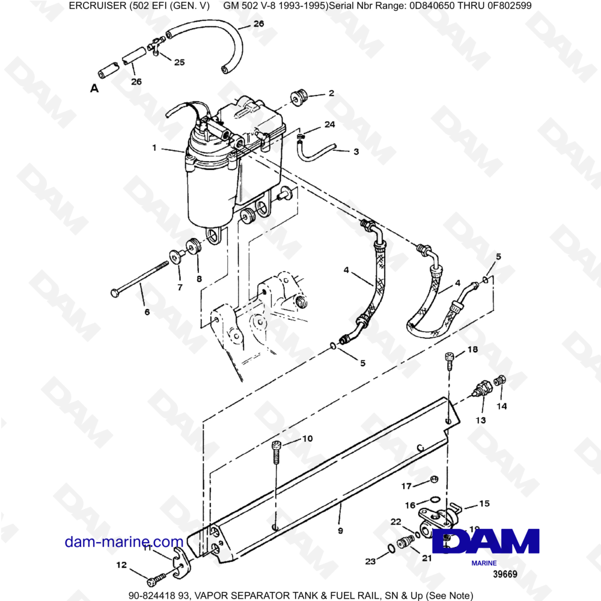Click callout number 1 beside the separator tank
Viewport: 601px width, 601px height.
pos(155,147)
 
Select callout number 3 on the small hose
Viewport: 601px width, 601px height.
pos(356,152)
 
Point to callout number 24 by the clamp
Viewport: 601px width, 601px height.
pos(329,124)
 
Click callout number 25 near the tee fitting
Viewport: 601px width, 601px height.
pos(179,62)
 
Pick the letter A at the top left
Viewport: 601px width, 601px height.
pos(94,88)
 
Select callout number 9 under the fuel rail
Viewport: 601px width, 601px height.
pos(340,531)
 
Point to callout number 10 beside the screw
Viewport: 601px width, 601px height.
pos(307,439)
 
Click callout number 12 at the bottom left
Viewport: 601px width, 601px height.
pos(121,565)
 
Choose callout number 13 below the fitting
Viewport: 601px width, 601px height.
pos(481,420)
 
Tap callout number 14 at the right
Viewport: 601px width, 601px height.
pos(502,406)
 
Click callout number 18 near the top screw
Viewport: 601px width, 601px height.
pos(472,350)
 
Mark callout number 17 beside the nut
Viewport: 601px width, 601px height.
pos(406,486)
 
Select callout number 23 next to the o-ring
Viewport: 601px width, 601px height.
pos(370,562)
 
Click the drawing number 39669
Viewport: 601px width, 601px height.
pos(504,575)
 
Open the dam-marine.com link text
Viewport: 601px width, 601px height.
pos(124,542)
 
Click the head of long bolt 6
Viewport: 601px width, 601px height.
pos(115,293)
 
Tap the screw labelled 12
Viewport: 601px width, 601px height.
pos(153,581)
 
